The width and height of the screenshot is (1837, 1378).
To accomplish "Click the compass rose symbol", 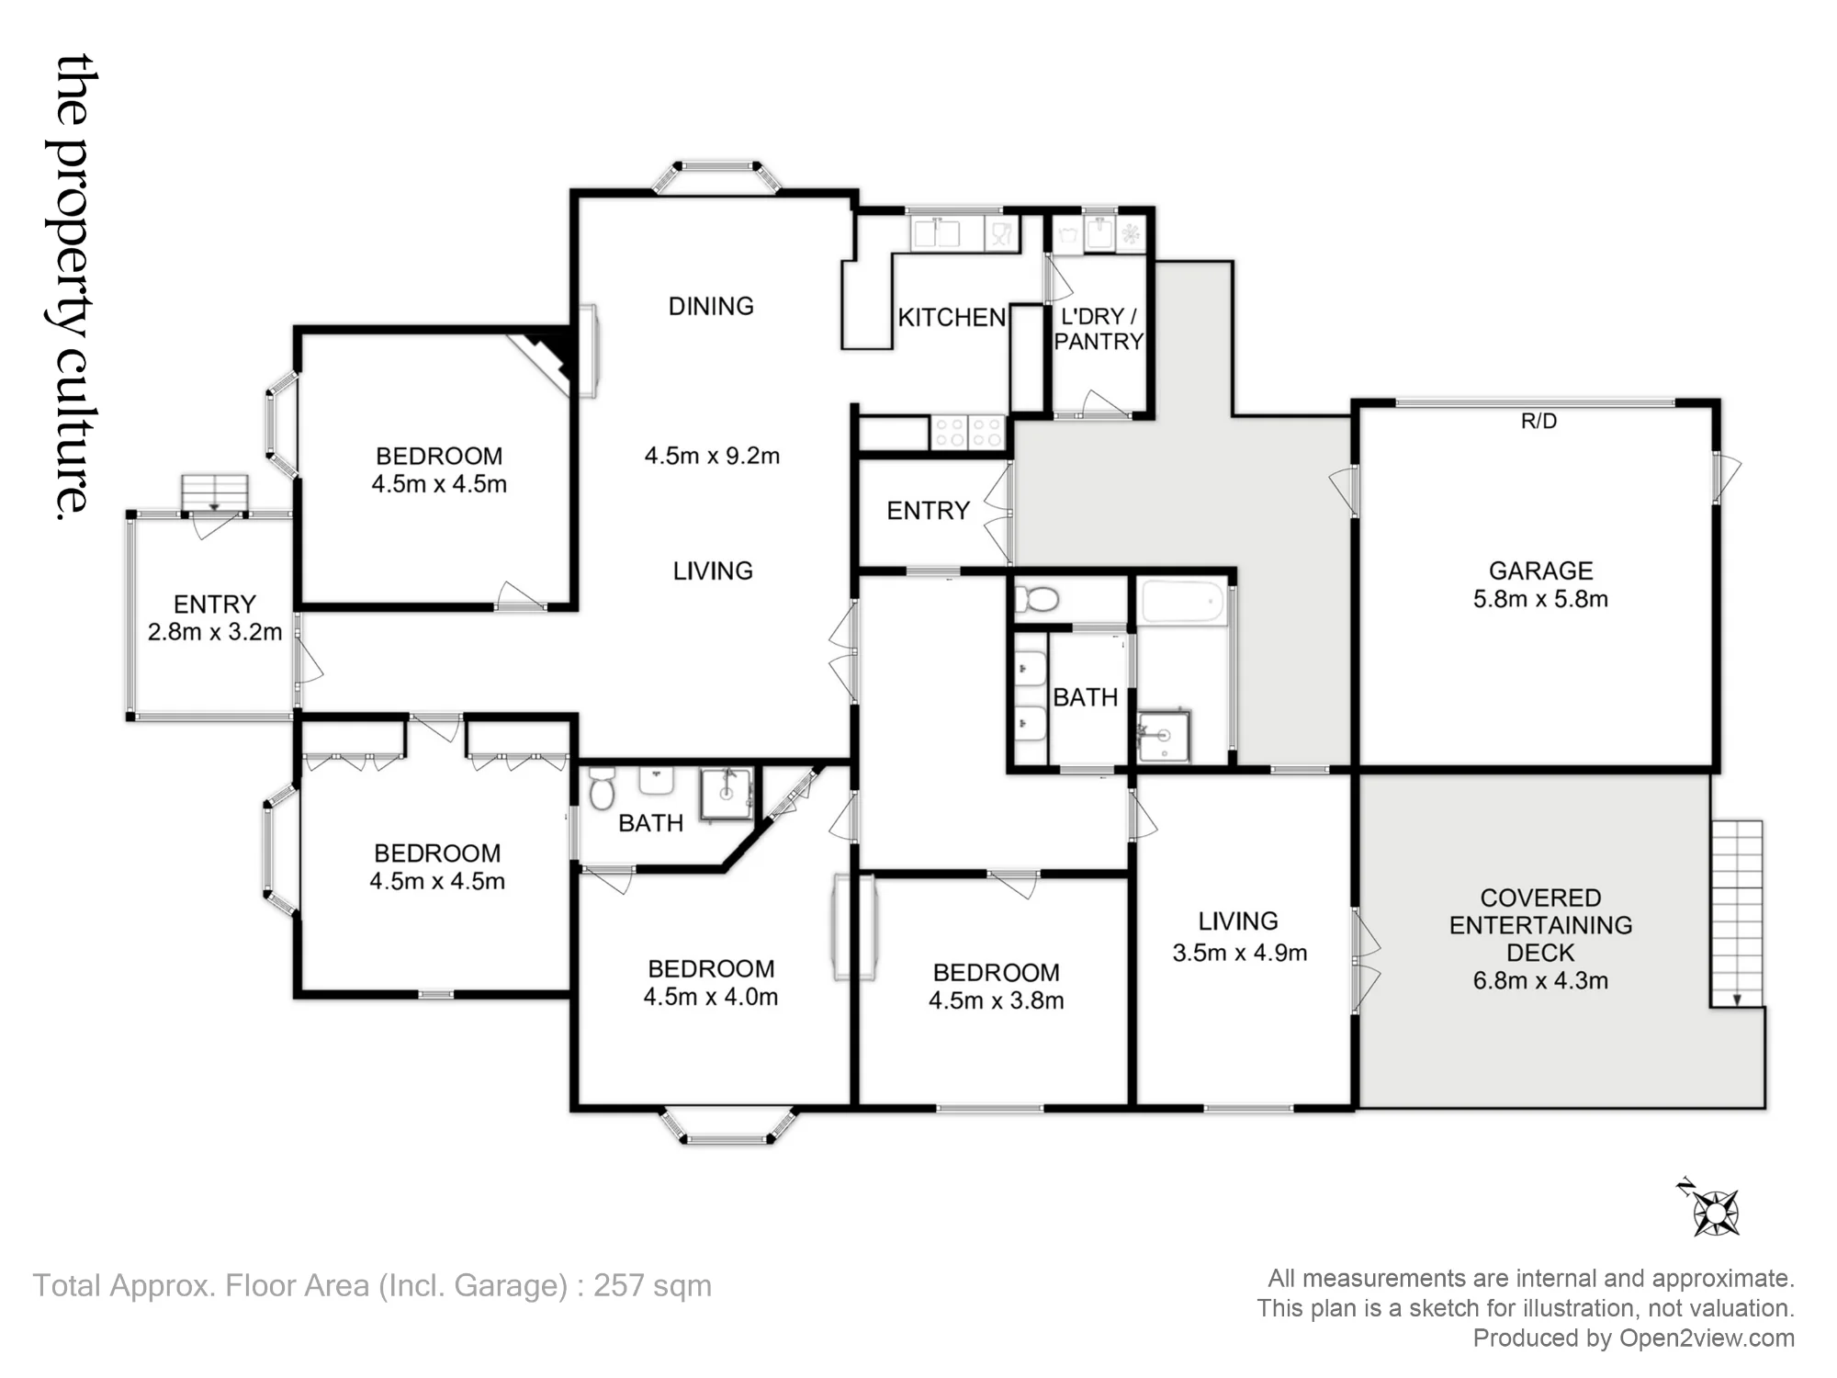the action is pyautogui.click(x=1712, y=1212).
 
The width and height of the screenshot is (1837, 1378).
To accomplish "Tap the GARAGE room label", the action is pyautogui.click(x=1540, y=570).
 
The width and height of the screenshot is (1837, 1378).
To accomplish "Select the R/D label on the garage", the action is pyautogui.click(x=1538, y=421).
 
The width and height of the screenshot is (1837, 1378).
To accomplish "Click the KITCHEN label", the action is pyautogui.click(x=952, y=318).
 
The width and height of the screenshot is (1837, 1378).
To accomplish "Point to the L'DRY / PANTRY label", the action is pyautogui.click(x=1099, y=329).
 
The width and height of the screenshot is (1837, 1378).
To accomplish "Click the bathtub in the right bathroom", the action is pyautogui.click(x=1183, y=603).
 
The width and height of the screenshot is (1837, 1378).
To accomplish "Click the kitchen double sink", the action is pyautogui.click(x=935, y=232).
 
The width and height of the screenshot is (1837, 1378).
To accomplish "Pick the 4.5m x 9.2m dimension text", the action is pyautogui.click(x=712, y=456).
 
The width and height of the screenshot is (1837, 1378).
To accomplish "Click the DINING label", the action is pyautogui.click(x=711, y=306).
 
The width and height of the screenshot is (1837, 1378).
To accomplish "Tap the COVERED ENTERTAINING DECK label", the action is pyautogui.click(x=1540, y=925).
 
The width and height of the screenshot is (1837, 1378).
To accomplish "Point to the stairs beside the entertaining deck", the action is pyautogui.click(x=1736, y=913).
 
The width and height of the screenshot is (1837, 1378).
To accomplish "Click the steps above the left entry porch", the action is pyautogui.click(x=214, y=493).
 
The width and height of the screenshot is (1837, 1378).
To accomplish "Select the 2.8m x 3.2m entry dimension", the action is pyautogui.click(x=215, y=632).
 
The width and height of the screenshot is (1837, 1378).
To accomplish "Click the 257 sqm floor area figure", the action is pyautogui.click(x=652, y=1285).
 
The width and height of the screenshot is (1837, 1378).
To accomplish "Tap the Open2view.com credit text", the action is pyautogui.click(x=1707, y=1338).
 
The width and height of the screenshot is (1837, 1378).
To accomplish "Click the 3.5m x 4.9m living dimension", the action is pyautogui.click(x=1239, y=953).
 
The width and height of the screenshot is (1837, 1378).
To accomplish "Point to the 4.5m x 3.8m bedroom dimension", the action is pyautogui.click(x=996, y=1000).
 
